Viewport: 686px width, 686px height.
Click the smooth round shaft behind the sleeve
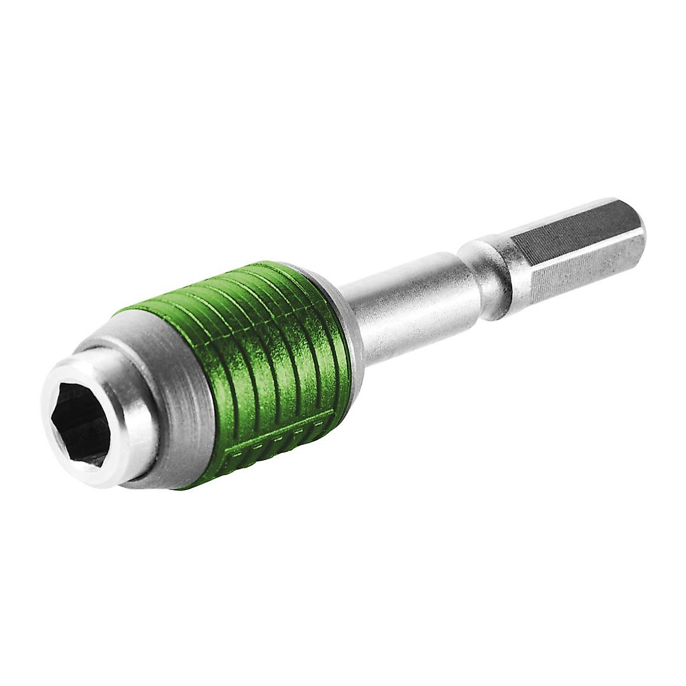(x=400, y=297)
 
